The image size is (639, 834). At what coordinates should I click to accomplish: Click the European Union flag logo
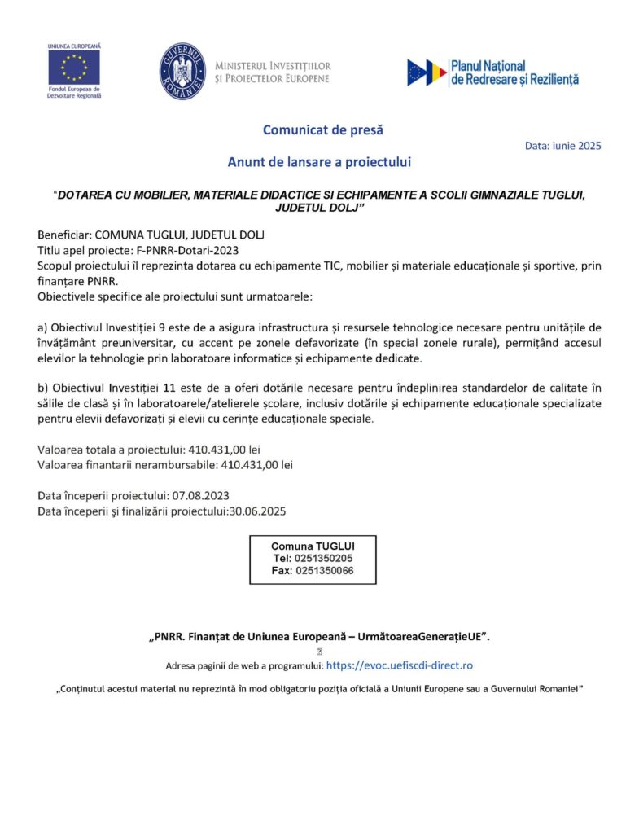tap(74, 68)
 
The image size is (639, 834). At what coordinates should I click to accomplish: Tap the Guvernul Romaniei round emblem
tap(182, 72)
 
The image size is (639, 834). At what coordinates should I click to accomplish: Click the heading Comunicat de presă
tap(322, 129)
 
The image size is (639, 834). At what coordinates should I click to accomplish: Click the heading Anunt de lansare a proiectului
tap(319, 162)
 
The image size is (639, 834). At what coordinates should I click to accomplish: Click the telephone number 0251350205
tap(324, 559)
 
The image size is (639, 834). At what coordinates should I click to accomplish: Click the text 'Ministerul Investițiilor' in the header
tap(273, 65)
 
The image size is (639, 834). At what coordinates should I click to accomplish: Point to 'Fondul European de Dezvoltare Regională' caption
tap(74, 92)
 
